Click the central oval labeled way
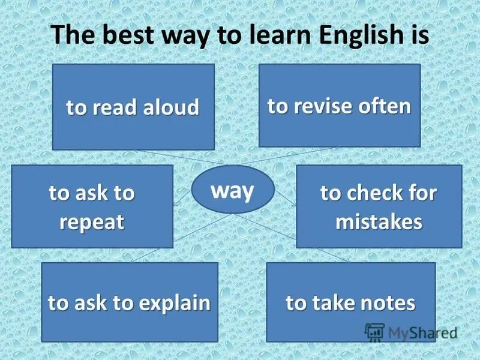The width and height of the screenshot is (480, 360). coord(233,191)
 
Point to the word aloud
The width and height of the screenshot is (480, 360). coord(171,107)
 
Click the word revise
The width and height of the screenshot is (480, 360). coord(318,106)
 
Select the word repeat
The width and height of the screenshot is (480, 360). coord(92,222)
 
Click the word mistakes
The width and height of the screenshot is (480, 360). coord(379,222)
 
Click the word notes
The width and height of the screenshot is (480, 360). coord(385,303)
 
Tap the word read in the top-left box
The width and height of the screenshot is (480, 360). coord(114,107)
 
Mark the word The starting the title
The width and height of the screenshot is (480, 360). coord(71,35)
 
